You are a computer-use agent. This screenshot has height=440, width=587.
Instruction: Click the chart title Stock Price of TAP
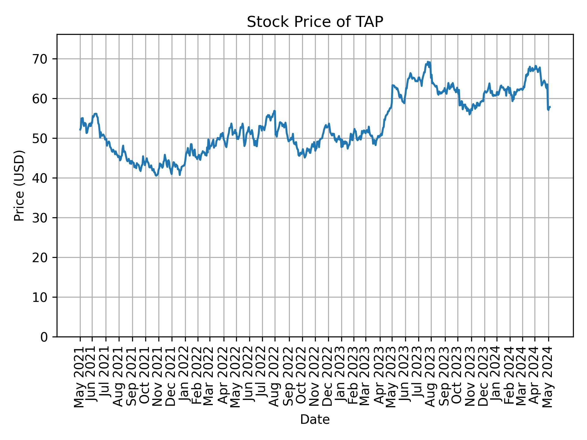(315, 22)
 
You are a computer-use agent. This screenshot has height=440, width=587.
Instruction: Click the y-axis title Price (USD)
(19, 185)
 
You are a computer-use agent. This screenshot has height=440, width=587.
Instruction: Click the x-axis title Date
(315, 420)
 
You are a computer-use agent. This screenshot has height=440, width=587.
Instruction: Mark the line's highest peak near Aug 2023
(428, 62)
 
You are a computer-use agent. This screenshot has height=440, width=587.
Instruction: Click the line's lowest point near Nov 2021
(156, 176)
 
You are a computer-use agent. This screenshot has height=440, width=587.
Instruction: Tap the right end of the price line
(550, 107)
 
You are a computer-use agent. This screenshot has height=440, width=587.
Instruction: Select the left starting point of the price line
(80, 130)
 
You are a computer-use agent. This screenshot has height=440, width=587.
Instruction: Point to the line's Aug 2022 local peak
(275, 111)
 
